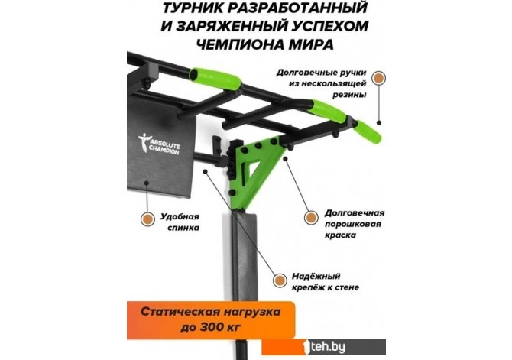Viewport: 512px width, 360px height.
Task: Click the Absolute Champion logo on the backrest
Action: click(x=159, y=144)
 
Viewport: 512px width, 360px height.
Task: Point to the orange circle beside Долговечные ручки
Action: click(x=379, y=79)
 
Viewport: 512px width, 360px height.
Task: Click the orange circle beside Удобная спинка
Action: click(x=147, y=219)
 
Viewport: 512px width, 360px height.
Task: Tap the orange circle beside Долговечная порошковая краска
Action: click(x=311, y=217)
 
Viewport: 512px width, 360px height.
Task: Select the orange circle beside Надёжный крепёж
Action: click(x=280, y=281)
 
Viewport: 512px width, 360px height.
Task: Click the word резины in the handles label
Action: click(x=349, y=95)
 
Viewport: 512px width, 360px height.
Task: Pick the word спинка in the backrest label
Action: click(x=183, y=228)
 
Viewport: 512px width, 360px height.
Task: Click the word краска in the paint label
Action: click(x=340, y=235)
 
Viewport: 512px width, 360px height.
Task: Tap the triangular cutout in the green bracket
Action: click(x=252, y=167)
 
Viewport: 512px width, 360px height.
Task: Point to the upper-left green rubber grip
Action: click(x=215, y=79)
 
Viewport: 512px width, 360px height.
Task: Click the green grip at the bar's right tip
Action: click(x=368, y=131)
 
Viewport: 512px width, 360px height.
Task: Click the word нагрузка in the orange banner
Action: click(x=252, y=313)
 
